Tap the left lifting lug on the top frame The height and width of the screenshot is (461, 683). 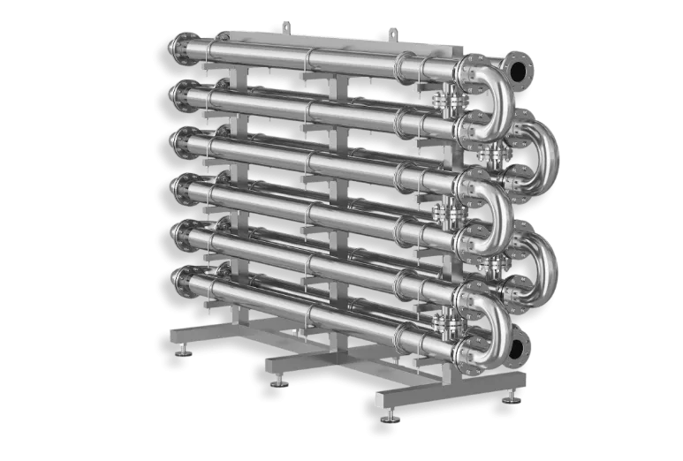284,23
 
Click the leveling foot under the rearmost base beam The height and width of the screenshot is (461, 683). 184,351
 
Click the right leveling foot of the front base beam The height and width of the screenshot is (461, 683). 511,399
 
